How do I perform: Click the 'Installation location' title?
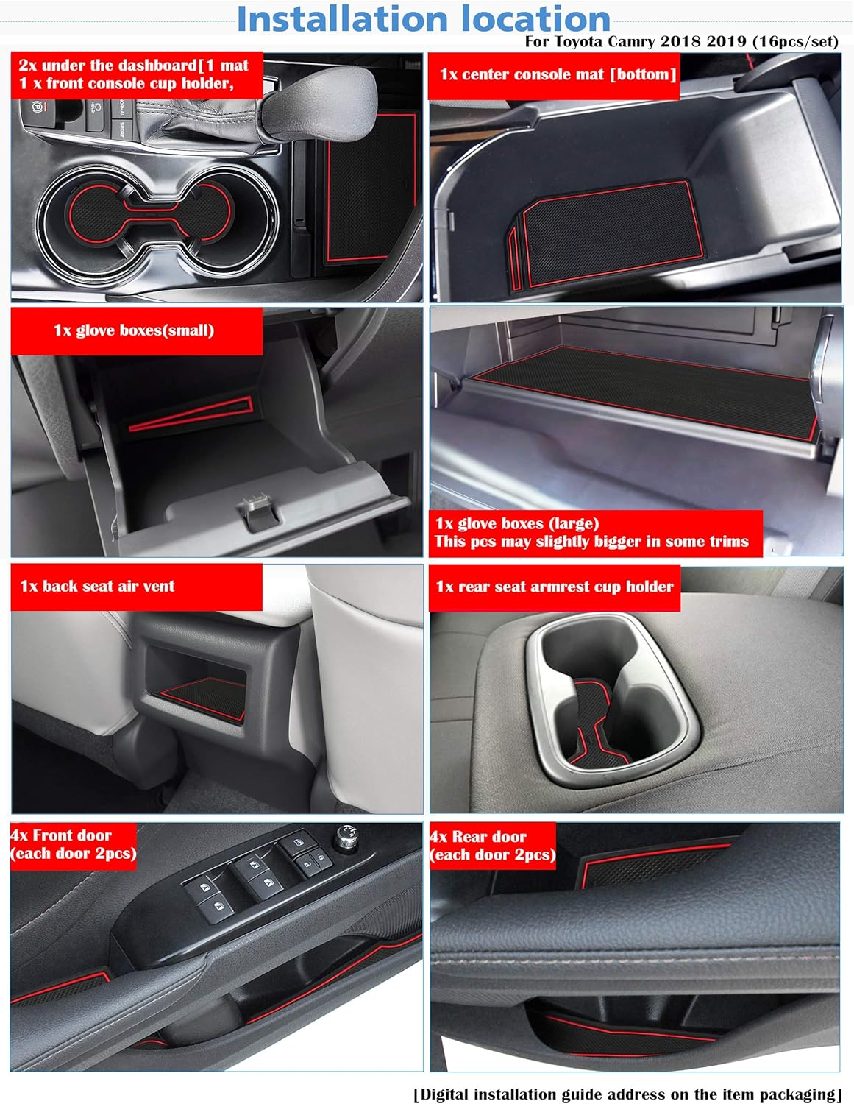(x=423, y=19)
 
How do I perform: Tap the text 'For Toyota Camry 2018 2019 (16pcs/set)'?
(x=681, y=42)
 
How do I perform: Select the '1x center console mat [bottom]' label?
(x=557, y=74)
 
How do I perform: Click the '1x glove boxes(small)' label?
(x=134, y=330)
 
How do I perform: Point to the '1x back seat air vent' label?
(x=97, y=587)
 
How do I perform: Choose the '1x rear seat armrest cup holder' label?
(x=554, y=587)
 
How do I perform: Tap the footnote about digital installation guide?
(x=627, y=1094)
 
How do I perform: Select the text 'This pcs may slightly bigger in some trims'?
(x=591, y=542)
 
